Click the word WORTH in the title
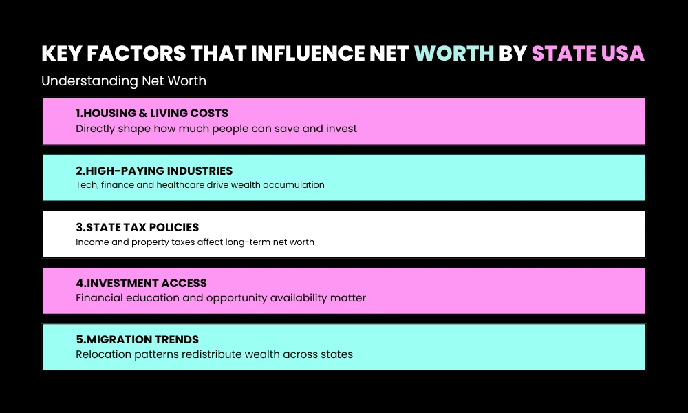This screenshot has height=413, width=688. click(x=453, y=54)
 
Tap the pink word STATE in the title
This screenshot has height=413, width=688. click(x=562, y=54)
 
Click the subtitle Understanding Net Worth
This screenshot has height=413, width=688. click(x=124, y=81)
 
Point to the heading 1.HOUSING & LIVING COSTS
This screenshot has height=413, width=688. click(x=152, y=113)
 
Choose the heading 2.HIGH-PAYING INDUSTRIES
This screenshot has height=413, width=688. click(x=154, y=171)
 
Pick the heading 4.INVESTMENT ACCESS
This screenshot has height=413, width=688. click(x=141, y=283)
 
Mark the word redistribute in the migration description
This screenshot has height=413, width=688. click(x=213, y=354)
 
